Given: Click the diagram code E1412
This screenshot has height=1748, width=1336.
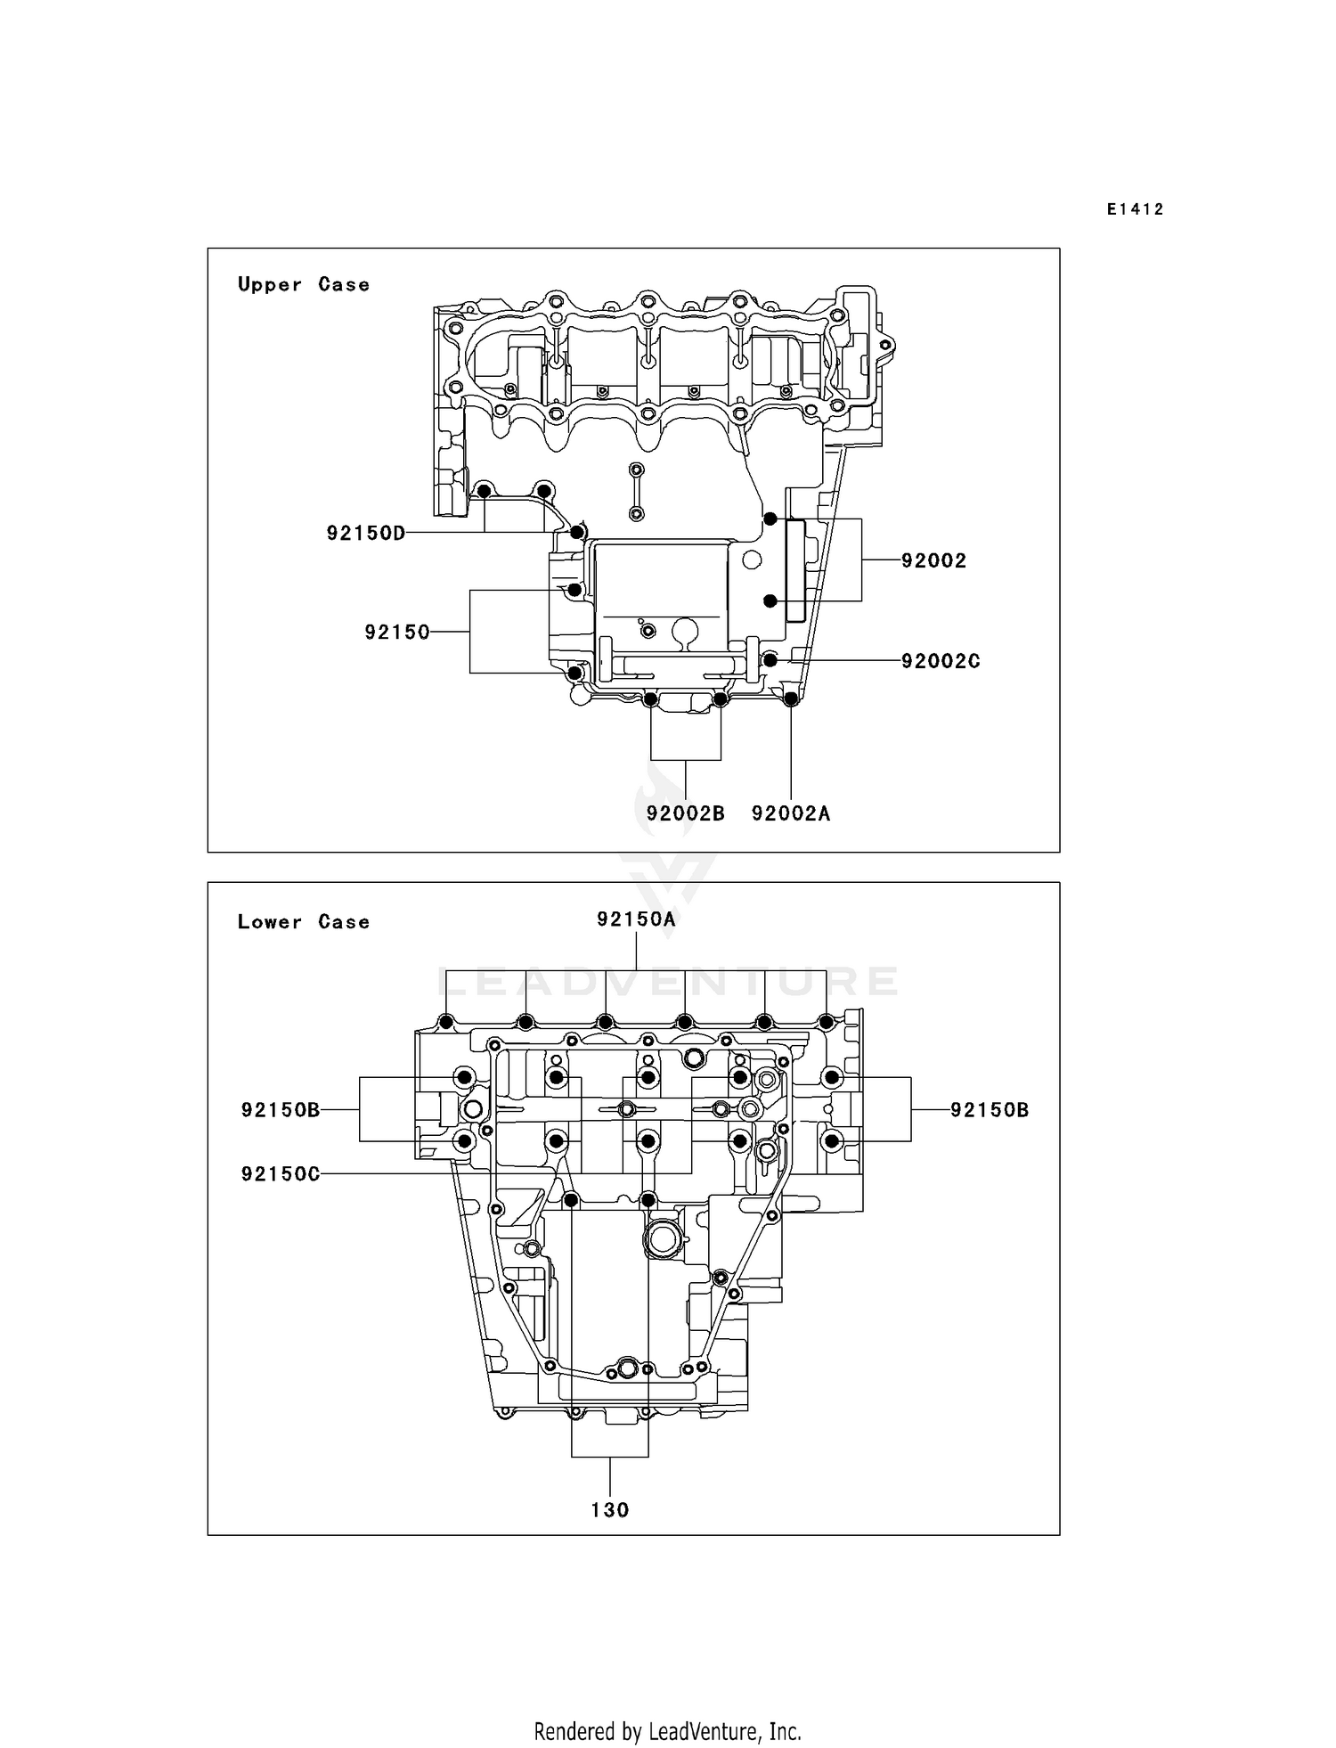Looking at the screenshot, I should (1135, 209).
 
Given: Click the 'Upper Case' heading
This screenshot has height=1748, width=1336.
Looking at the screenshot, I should (303, 284).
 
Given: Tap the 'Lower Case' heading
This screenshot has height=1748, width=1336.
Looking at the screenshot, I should (303, 921).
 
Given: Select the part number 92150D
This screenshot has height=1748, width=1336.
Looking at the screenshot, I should (365, 533).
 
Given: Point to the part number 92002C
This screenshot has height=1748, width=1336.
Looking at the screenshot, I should (941, 661).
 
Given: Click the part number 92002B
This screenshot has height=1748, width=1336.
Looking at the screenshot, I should (685, 813).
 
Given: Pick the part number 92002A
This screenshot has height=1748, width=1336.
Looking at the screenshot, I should (791, 813).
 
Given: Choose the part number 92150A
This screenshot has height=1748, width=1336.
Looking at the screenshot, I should (636, 919).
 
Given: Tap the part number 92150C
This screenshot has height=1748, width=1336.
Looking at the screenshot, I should (280, 1173).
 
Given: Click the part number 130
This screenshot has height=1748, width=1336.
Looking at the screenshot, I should (609, 1509).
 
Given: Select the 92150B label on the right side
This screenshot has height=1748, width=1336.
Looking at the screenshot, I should (990, 1110).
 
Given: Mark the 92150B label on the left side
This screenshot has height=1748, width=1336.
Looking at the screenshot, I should (280, 1110).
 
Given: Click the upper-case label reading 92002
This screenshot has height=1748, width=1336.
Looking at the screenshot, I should (933, 560).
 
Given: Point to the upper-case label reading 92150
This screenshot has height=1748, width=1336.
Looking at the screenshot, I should (397, 632).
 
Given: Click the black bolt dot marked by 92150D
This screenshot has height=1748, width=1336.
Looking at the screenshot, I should (576, 533).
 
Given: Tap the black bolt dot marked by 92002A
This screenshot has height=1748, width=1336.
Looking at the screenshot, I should (790, 698).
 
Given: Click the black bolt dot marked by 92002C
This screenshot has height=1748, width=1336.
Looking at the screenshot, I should (770, 660).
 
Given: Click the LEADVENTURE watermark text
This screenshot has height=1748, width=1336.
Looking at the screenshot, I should (668, 981).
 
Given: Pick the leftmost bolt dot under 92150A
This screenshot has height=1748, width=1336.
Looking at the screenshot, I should (445, 1021).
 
